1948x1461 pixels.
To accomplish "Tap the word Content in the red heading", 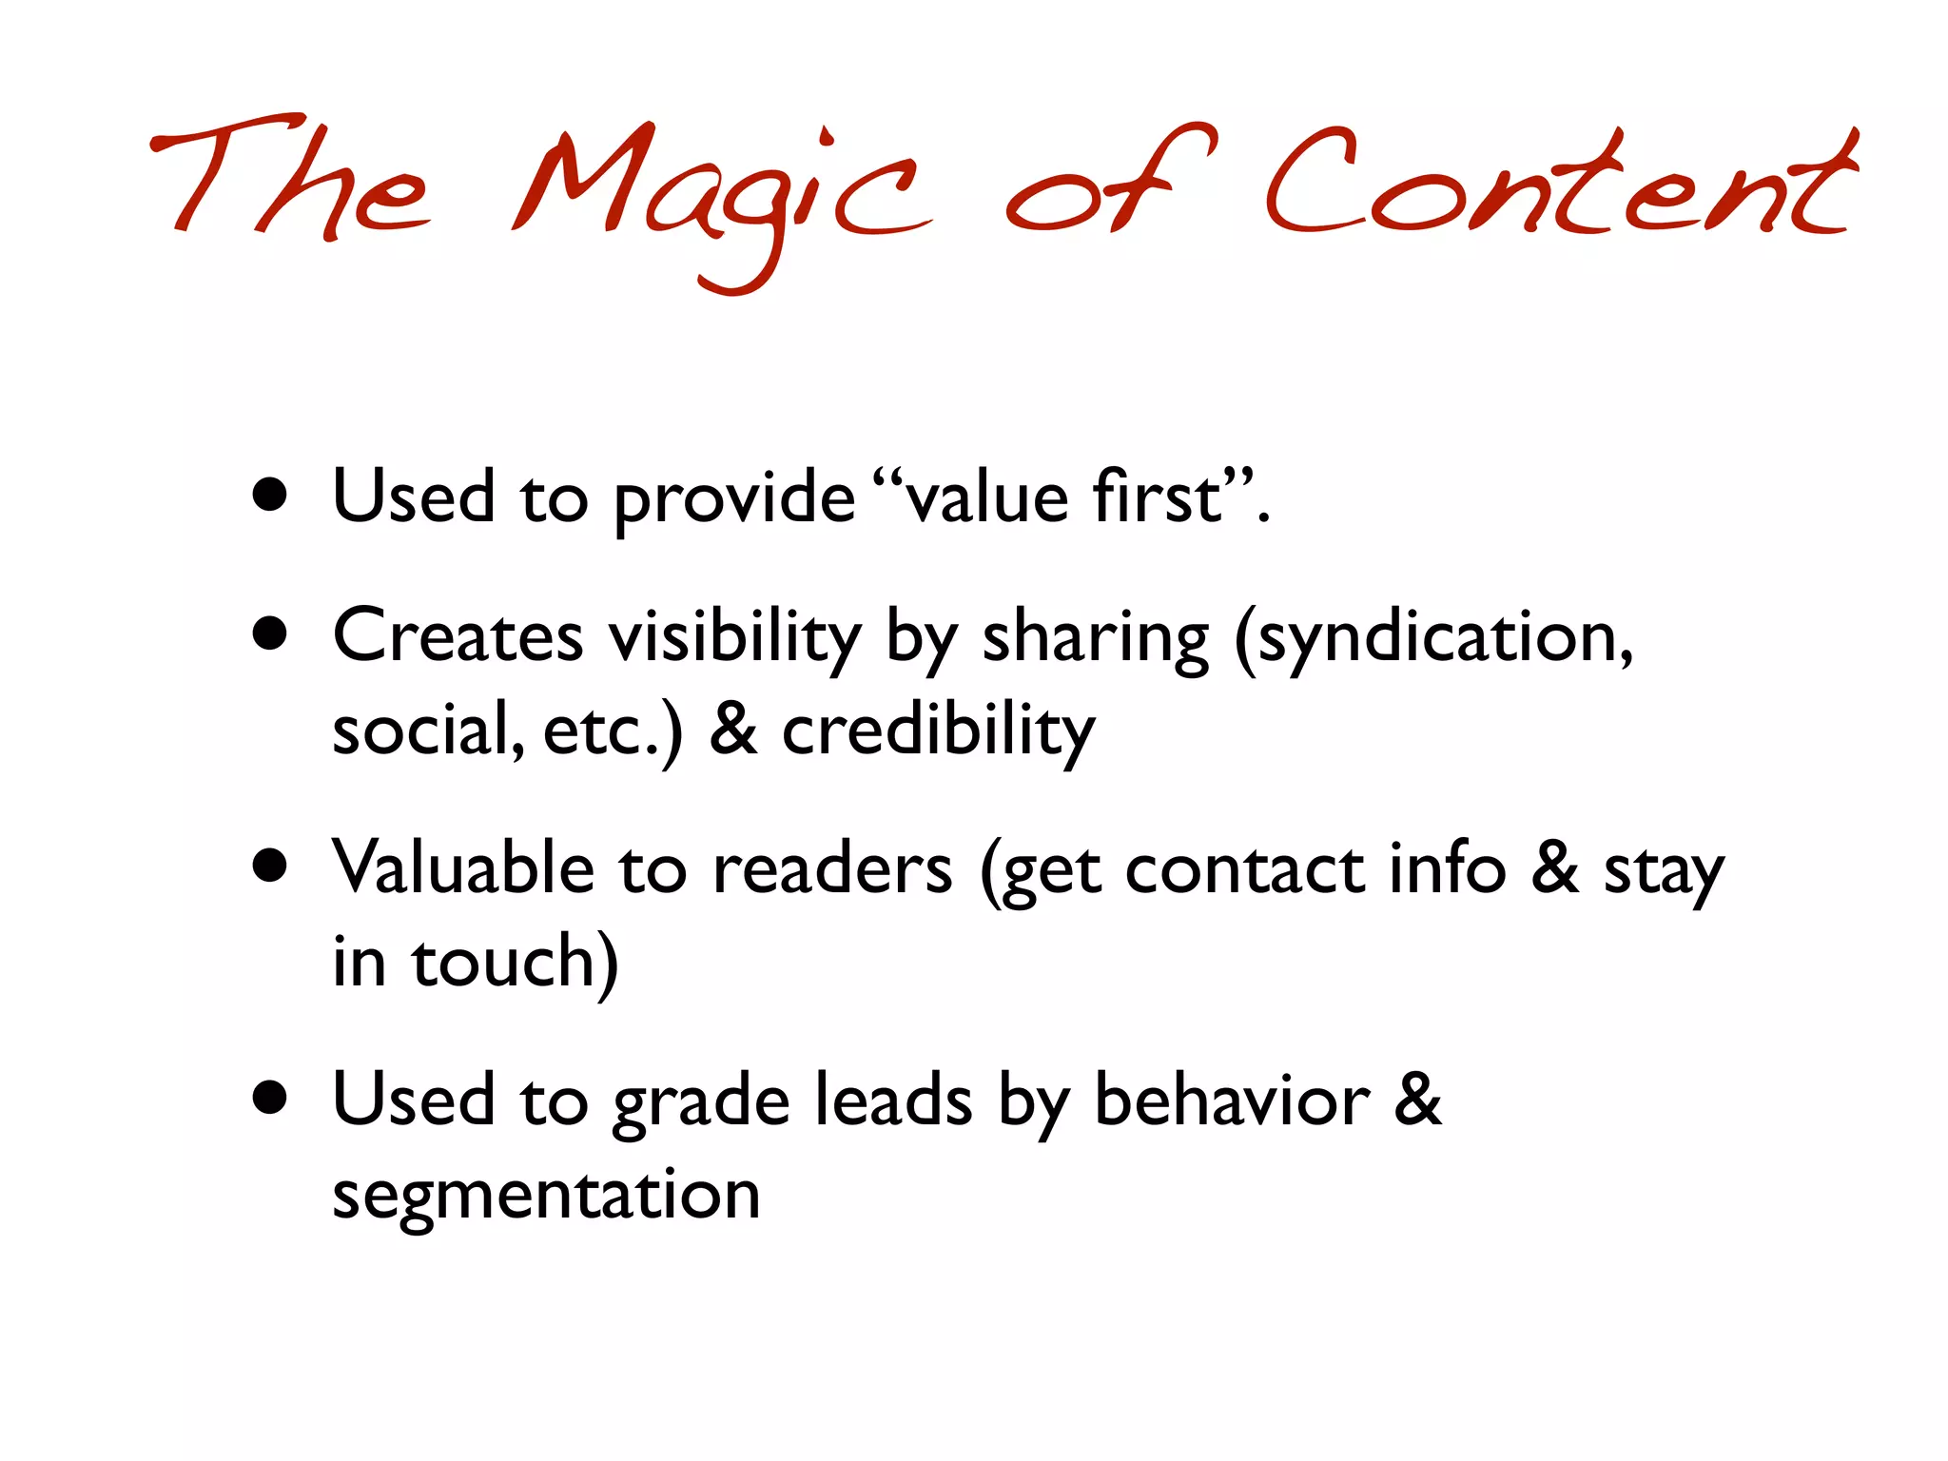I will coord(1560,185).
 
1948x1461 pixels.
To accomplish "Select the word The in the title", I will coord(290,181).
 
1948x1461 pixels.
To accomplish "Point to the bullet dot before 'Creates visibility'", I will coord(271,633).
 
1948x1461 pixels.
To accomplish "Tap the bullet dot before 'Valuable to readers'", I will coord(271,866).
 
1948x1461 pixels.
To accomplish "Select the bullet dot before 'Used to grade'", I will coord(271,1097).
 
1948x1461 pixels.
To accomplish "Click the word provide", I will coord(733,499).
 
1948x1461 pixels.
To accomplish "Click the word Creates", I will coord(458,635).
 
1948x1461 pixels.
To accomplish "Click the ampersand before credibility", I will coord(733,730).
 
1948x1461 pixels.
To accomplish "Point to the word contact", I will coord(1244,869).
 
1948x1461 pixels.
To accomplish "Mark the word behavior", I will coord(1233,1101).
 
